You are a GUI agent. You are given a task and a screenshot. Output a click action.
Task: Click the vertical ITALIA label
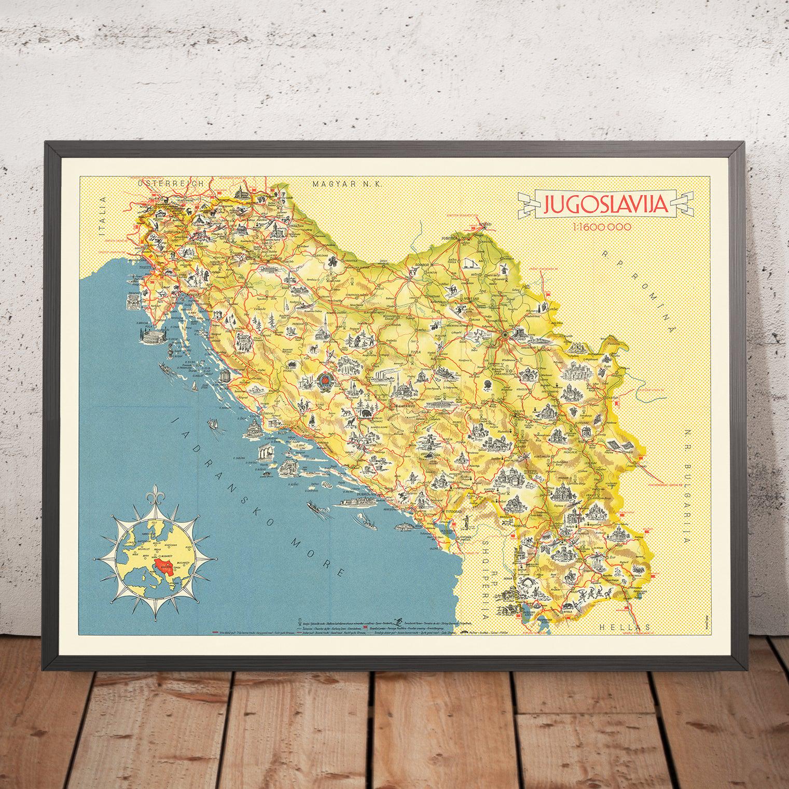(x=107, y=220)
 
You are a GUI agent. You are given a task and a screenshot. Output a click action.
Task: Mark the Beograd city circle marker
(x=505, y=335)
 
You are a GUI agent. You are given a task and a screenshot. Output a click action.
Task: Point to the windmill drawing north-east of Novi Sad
(x=504, y=268)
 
